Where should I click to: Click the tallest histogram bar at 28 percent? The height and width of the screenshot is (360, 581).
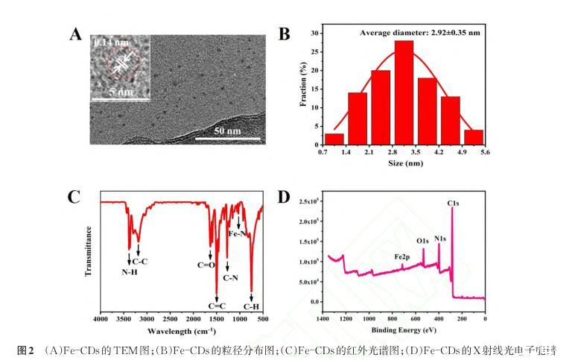click(x=404, y=93)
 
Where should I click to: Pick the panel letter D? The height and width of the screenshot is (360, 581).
click(x=283, y=197)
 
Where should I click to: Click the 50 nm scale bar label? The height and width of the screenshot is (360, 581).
click(x=228, y=131)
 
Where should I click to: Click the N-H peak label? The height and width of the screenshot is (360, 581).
click(x=130, y=271)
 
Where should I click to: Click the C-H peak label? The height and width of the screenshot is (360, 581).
click(x=253, y=306)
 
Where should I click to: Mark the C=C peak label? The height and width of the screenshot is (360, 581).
click(x=217, y=306)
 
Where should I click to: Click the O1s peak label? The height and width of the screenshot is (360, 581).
click(x=422, y=241)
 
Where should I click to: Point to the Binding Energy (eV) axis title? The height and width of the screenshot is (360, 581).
click(x=404, y=329)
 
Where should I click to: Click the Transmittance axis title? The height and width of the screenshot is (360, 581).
click(x=89, y=251)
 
